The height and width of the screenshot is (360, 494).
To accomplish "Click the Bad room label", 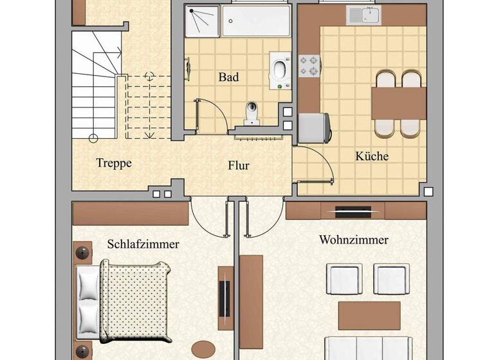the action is (228, 77).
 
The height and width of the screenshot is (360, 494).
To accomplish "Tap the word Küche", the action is (372, 156).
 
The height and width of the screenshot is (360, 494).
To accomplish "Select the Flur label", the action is (239, 165).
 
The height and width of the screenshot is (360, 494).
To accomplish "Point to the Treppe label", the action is (114, 163).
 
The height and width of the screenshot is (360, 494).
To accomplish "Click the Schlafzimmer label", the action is (143, 244).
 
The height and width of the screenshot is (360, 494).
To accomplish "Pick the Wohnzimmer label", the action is (354, 240).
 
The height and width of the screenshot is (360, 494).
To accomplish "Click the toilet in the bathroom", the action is (252, 113).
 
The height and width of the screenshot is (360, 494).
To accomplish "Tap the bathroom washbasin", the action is (280, 71).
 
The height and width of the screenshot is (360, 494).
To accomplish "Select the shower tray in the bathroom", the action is (201, 21).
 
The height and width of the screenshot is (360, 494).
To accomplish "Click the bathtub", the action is (256, 21).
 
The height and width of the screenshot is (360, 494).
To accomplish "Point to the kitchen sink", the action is (363, 15).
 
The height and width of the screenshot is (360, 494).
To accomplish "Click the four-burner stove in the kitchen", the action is (309, 66).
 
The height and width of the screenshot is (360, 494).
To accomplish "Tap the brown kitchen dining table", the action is (399, 104).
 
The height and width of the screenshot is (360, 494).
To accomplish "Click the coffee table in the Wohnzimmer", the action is (369, 316).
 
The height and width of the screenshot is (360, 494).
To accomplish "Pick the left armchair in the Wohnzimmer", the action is (344, 279).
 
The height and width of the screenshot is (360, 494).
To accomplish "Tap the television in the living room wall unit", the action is (352, 212).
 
